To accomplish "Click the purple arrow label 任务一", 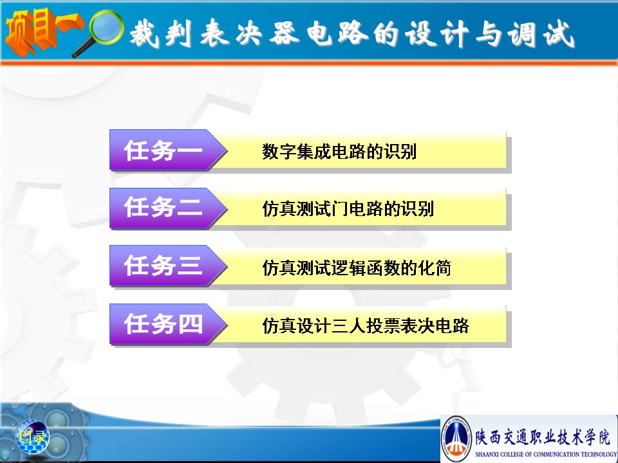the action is pos(168,150).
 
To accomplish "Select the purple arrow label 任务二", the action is pos(168,208).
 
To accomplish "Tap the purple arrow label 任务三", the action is pos(168,266).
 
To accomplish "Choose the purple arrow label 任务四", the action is pos(168,324).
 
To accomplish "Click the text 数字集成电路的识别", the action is pos(339,152).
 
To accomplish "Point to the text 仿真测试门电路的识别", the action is pos(348,208).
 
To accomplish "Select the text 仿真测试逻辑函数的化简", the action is pos(357,268).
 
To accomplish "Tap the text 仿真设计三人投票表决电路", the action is pos(366,325).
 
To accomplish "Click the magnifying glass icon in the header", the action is pos(98,32).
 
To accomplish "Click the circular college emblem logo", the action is pos(457,439).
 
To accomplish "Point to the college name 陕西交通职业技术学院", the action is pos(542,436).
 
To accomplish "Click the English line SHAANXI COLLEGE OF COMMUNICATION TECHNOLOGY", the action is pos(546,454).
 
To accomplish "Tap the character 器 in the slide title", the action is pos(284,33).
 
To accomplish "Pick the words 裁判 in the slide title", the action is pos(161,33).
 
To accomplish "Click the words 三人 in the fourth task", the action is pos(348,325).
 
